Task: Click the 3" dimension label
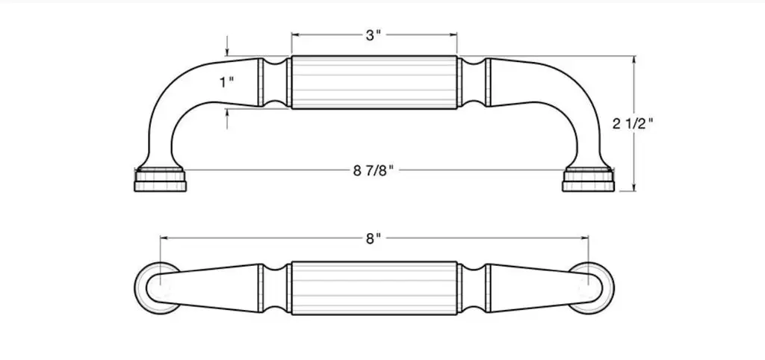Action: click(x=373, y=36)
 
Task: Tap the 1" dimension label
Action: click(x=226, y=82)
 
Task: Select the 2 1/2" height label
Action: click(x=633, y=124)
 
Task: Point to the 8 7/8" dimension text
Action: click(x=374, y=171)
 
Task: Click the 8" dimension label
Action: click(x=373, y=238)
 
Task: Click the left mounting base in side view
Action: click(x=160, y=179)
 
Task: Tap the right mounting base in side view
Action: click(x=588, y=179)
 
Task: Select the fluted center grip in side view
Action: click(x=374, y=82)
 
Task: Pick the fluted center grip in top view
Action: click(x=374, y=288)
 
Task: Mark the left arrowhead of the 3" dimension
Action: click(x=295, y=34)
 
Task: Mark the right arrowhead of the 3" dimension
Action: click(x=453, y=34)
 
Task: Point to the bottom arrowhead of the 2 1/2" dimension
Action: click(x=634, y=187)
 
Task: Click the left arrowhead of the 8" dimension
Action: click(x=164, y=238)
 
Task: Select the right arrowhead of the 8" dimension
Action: click(x=584, y=238)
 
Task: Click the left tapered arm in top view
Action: click(x=210, y=288)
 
